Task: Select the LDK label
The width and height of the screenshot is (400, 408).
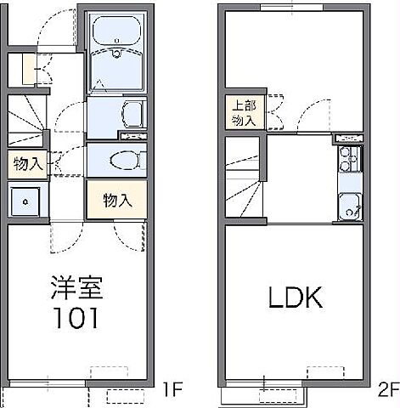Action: (295, 297)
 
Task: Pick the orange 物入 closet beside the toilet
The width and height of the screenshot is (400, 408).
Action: (118, 201)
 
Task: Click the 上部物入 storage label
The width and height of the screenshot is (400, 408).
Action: (243, 113)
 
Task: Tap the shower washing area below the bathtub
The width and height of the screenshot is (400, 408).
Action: (118, 71)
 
